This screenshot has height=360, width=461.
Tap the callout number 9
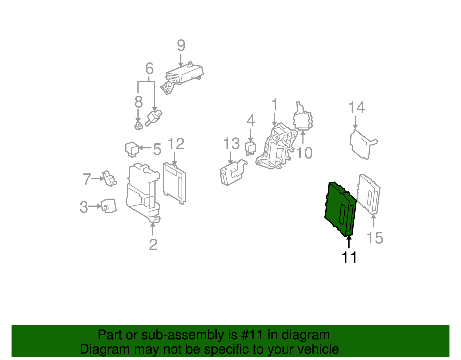click(181, 46)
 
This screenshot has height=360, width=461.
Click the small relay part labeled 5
click(132, 149)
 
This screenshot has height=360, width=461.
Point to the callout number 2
click(153, 245)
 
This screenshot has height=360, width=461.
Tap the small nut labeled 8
click(139, 126)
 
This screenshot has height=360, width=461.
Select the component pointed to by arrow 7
click(109, 178)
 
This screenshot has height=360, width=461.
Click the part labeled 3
click(109, 206)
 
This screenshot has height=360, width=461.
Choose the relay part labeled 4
click(250, 148)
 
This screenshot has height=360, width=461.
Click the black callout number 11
click(349, 257)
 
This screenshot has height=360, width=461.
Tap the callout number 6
click(149, 69)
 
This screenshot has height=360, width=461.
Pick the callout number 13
click(231, 144)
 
